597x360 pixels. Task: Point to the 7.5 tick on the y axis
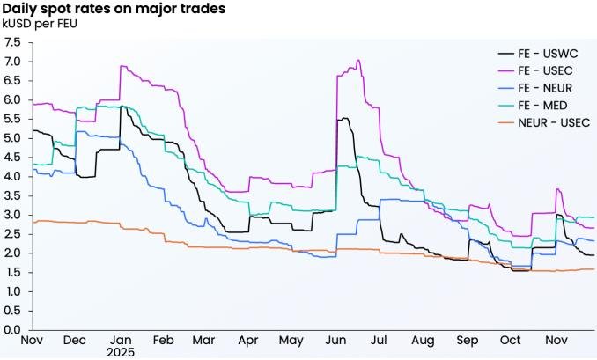pyautogui.click(x=13, y=42)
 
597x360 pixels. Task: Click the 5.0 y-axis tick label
pyautogui.click(x=13, y=138)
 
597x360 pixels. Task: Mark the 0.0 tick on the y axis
pyautogui.click(x=13, y=329)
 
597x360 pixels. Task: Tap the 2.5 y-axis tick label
pyautogui.click(x=13, y=233)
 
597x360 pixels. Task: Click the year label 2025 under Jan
pyautogui.click(x=122, y=352)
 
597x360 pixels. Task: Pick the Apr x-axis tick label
pyautogui.click(x=247, y=340)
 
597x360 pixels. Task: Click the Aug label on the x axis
pyautogui.click(x=423, y=340)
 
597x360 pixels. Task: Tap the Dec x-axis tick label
pyautogui.click(x=75, y=340)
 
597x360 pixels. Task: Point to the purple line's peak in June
pyautogui.click(x=358, y=60)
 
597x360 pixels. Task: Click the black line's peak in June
pyautogui.click(x=343, y=118)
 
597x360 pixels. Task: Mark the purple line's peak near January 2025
pyautogui.click(x=122, y=66)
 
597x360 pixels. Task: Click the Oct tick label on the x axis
pyautogui.click(x=510, y=340)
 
